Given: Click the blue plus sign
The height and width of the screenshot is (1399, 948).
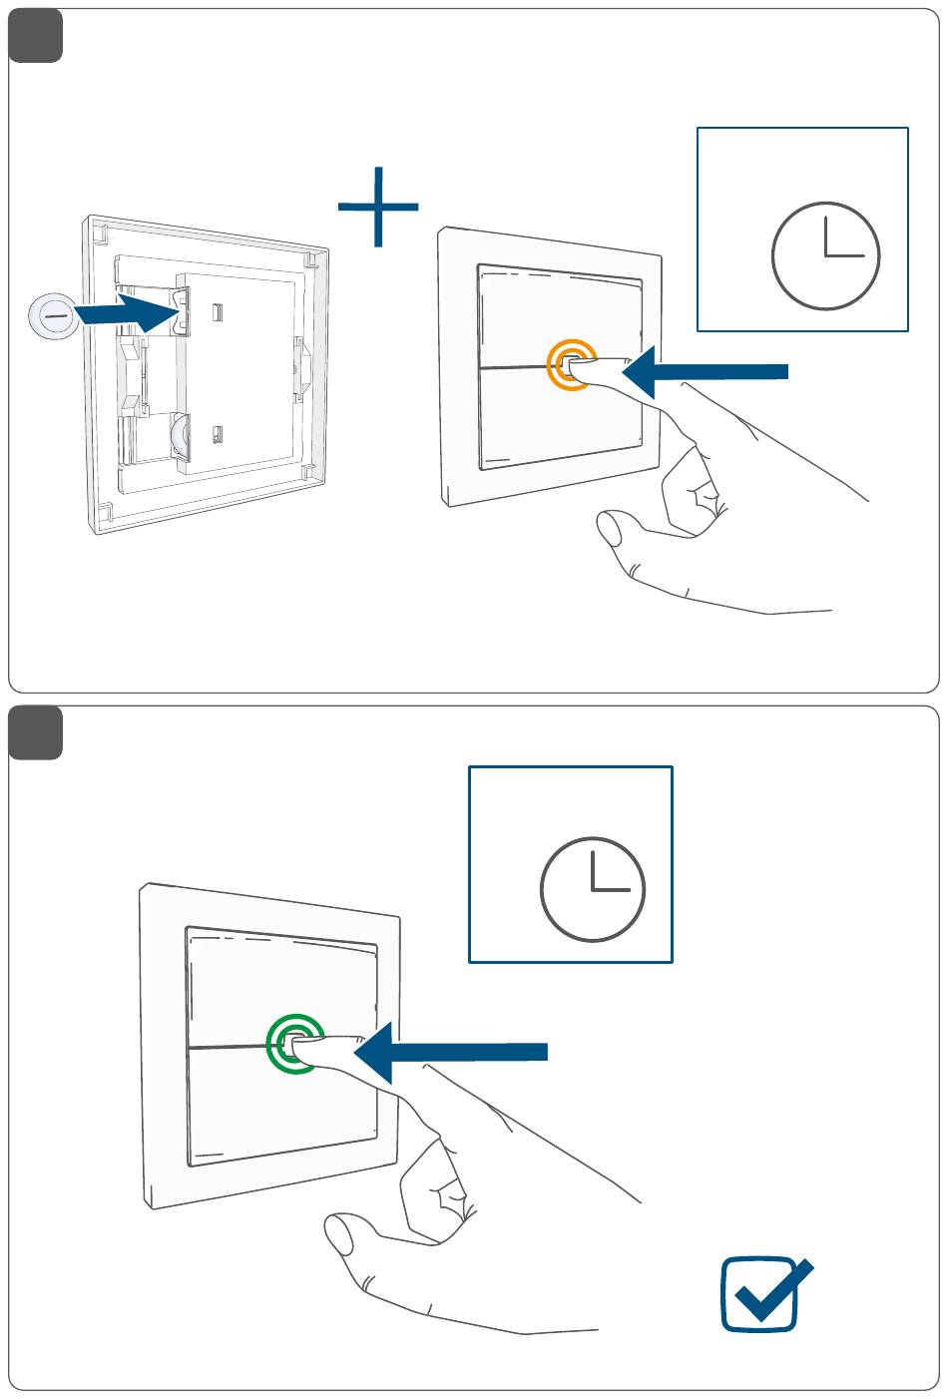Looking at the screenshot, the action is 378,208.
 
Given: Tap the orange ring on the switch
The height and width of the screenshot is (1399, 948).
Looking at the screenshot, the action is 570,365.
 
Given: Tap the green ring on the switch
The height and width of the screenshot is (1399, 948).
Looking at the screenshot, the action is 295,1044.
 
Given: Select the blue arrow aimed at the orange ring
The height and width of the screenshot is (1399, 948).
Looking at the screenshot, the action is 705,371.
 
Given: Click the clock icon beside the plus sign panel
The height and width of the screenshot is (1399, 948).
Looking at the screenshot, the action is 825,255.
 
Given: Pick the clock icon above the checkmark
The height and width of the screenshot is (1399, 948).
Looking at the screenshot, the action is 593,889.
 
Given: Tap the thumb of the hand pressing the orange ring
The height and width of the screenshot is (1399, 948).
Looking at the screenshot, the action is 611,529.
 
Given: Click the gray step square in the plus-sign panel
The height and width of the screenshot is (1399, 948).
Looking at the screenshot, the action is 36,36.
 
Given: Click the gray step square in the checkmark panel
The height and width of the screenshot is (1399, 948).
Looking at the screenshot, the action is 36,732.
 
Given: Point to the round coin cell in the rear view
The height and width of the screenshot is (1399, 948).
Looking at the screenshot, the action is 185,436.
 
